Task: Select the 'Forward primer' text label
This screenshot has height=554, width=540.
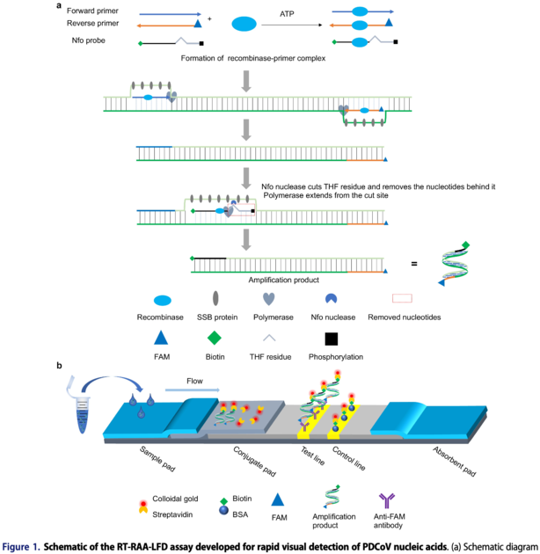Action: point(93,10)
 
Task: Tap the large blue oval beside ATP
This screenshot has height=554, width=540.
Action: point(245,25)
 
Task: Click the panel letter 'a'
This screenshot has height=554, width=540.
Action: point(59,5)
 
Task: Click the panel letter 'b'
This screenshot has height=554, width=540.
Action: point(59,365)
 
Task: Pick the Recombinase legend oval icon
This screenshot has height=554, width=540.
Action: point(161,300)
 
